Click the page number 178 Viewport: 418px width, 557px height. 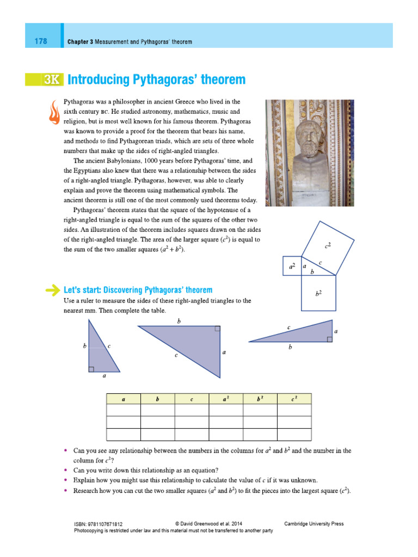[40, 41]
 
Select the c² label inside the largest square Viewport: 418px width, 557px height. [328, 245]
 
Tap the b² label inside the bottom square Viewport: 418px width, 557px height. [318, 293]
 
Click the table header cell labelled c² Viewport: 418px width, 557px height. [294, 399]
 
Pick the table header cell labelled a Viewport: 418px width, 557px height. [124, 399]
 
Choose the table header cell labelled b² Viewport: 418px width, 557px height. [260, 399]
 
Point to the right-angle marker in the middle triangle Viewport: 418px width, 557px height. [217, 329]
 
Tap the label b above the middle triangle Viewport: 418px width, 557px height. [179, 321]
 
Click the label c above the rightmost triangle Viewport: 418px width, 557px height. [288, 327]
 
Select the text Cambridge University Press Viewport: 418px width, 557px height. [314, 524]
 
